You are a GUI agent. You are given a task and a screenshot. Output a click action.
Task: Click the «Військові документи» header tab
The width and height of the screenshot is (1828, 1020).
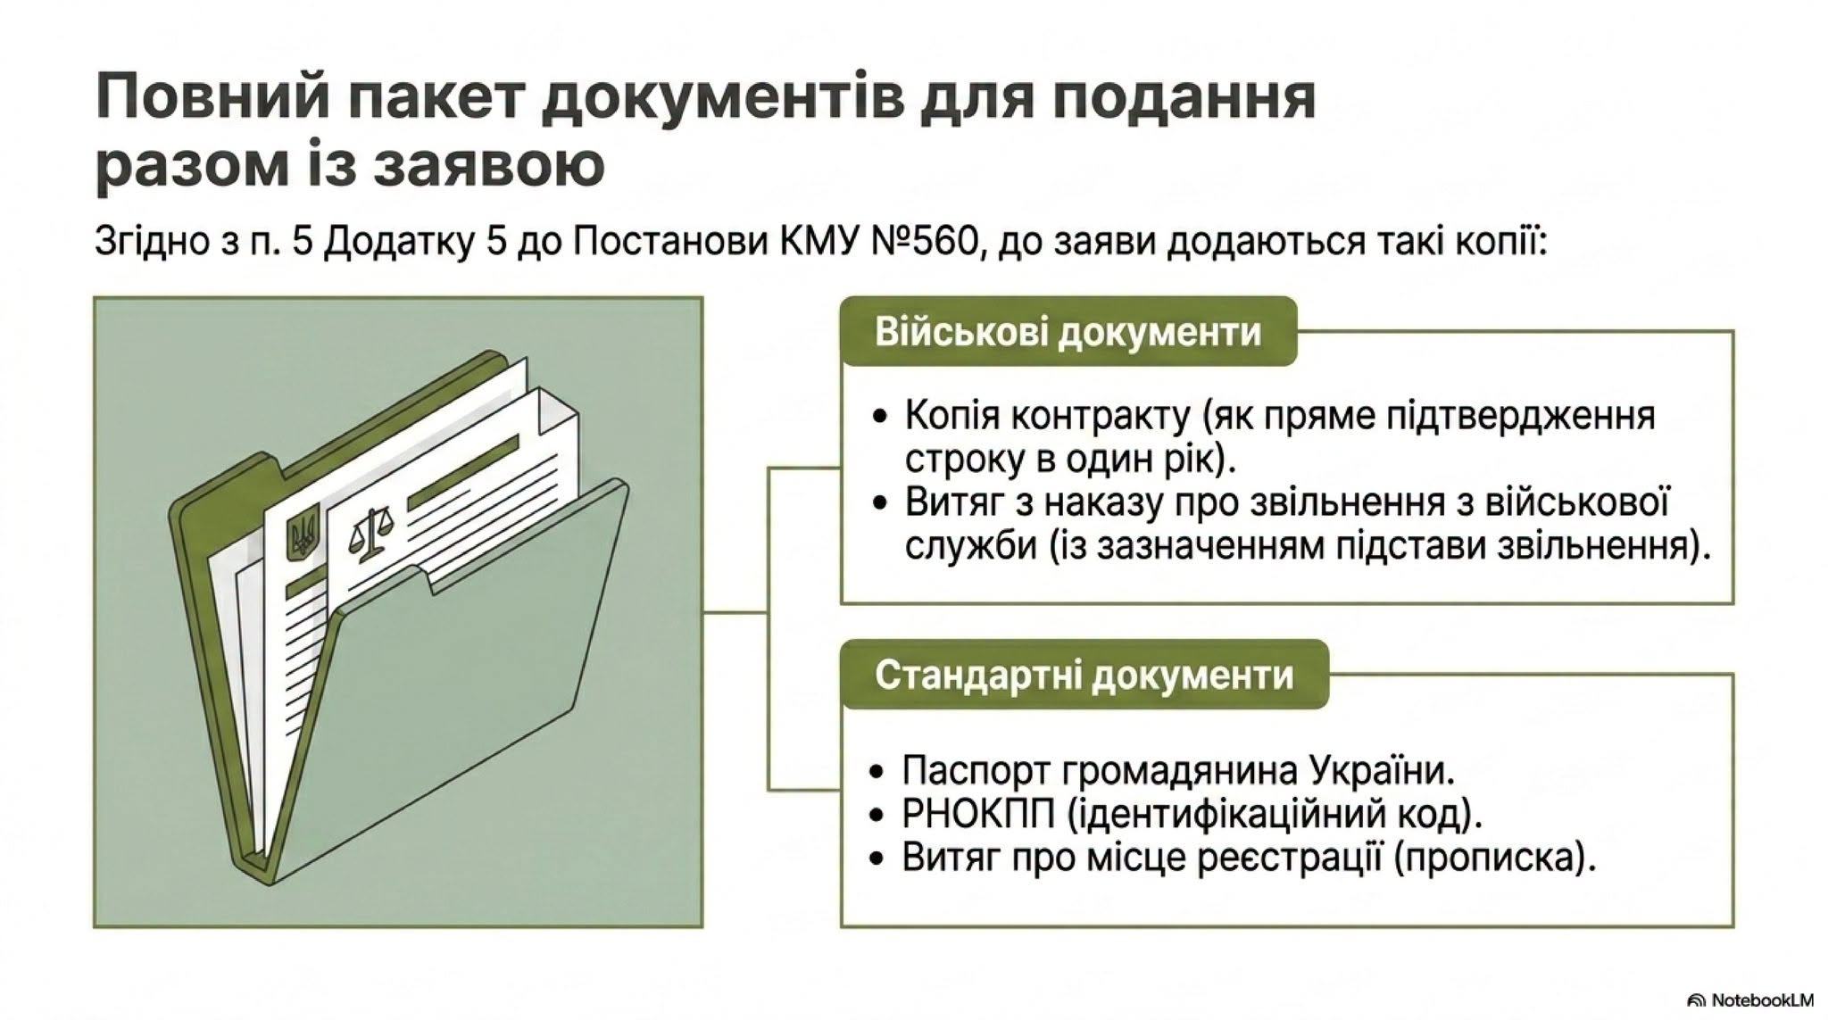point(1068,331)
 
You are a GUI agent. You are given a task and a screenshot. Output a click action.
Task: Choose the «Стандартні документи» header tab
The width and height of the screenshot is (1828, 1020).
point(1084,675)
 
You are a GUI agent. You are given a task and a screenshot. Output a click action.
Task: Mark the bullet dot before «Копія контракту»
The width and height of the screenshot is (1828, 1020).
point(882,417)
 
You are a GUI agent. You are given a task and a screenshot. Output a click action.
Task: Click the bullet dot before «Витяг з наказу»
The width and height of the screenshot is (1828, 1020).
point(882,503)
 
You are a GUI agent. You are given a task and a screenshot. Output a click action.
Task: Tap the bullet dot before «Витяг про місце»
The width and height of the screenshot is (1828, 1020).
point(880,858)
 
